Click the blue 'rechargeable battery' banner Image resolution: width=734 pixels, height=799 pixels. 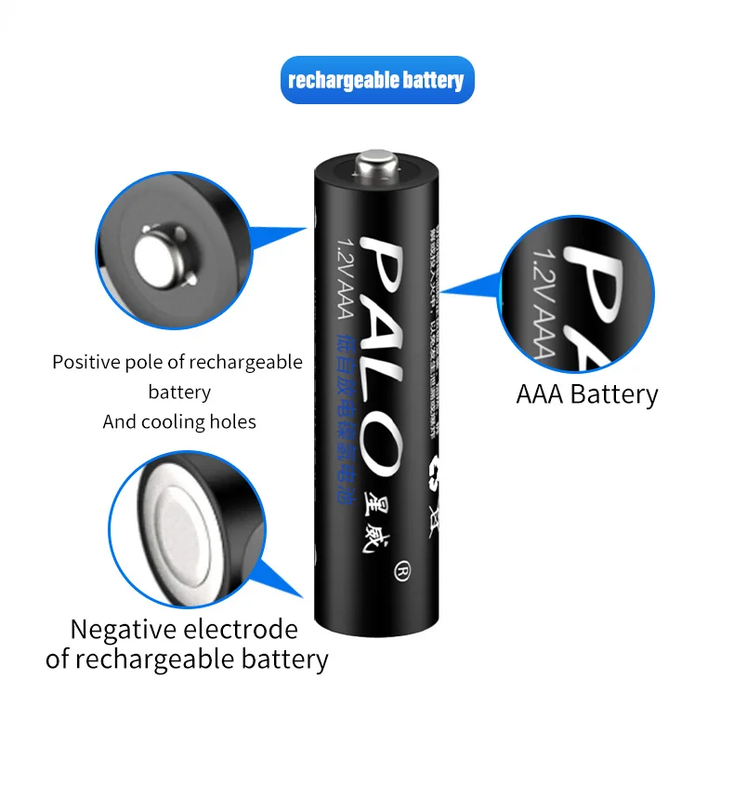point(376,80)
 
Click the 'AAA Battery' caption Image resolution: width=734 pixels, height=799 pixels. point(586,393)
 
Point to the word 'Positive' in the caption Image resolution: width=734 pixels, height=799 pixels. point(85,363)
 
